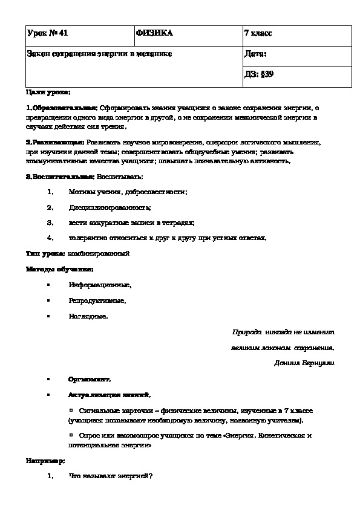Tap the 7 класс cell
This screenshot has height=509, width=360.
(258, 33)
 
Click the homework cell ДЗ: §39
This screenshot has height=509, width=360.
(260, 75)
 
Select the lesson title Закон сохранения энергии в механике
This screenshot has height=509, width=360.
(100, 54)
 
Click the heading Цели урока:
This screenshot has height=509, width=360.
(48, 92)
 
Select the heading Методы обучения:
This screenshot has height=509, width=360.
(59, 269)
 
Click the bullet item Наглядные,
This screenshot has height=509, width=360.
(88, 316)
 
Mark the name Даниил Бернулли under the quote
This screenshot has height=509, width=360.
(304, 363)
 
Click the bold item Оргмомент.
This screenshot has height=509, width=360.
(90, 379)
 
